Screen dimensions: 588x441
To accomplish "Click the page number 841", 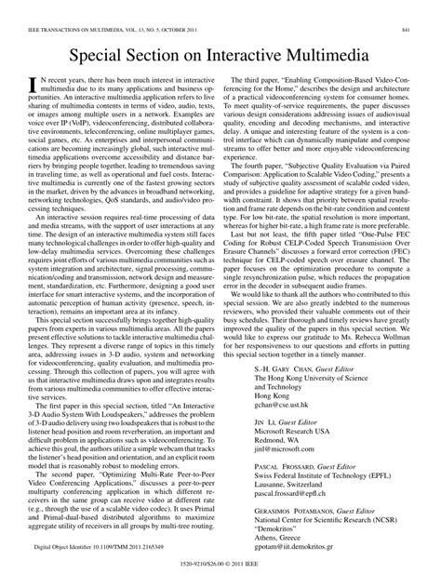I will coord(420,8).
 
